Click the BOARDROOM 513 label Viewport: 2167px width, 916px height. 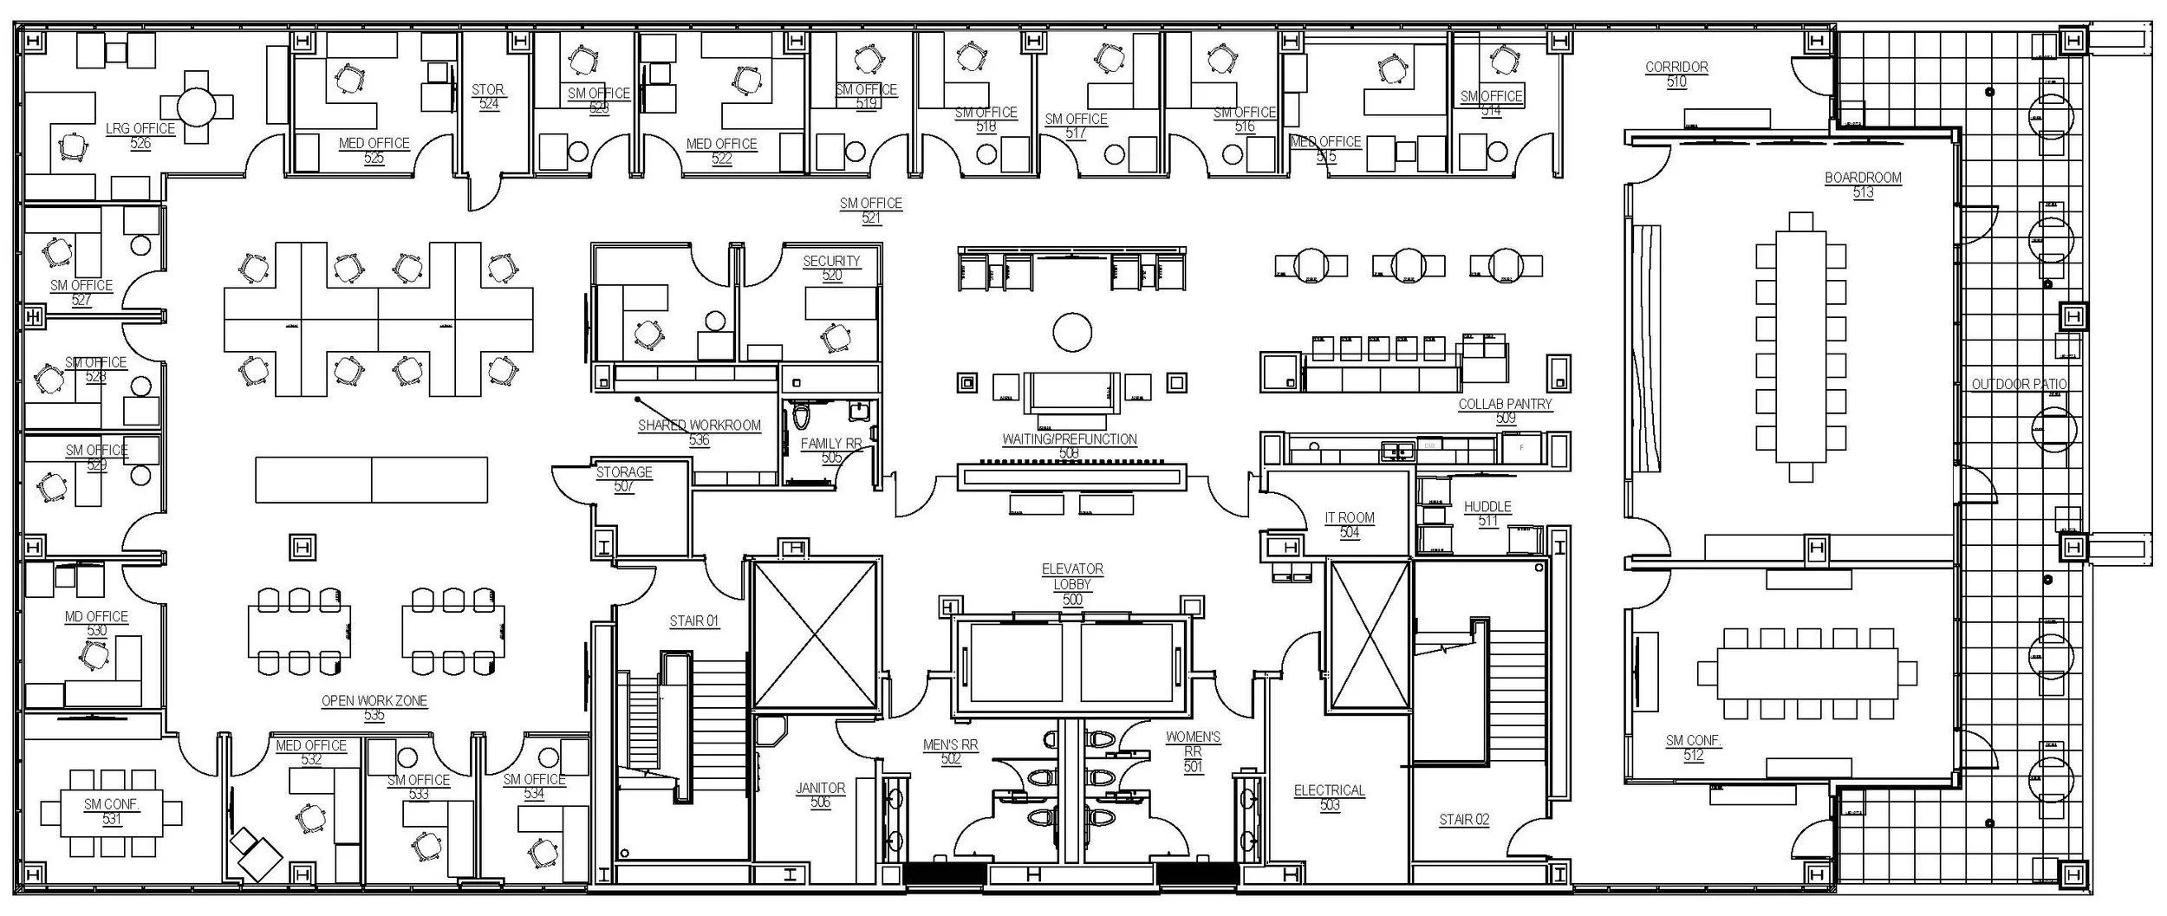pyautogui.click(x=1863, y=185)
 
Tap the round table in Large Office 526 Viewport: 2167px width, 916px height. pyautogui.click(x=202, y=107)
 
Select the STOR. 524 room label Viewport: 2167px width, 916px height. pyautogui.click(x=489, y=96)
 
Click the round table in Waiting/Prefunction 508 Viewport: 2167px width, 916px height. pyautogui.click(x=1071, y=333)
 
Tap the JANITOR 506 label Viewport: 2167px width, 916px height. pyautogui.click(x=820, y=795)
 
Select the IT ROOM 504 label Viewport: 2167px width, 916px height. pyautogui.click(x=1350, y=524)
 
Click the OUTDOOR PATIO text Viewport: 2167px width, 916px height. pyautogui.click(x=2019, y=384)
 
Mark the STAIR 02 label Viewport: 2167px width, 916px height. pyautogui.click(x=1464, y=819)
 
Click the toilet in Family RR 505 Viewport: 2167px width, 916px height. pyautogui.click(x=801, y=414)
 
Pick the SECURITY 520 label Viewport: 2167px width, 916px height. pyautogui.click(x=831, y=268)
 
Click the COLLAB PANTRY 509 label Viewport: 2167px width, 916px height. pyautogui.click(x=1505, y=411)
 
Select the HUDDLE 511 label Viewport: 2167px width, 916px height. pyautogui.click(x=1487, y=513)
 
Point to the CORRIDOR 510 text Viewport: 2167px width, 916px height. pyautogui.click(x=1676, y=74)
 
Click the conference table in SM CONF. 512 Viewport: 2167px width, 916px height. pyautogui.click(x=1807, y=672)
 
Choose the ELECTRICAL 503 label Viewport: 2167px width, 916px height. pyautogui.click(x=1329, y=797)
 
